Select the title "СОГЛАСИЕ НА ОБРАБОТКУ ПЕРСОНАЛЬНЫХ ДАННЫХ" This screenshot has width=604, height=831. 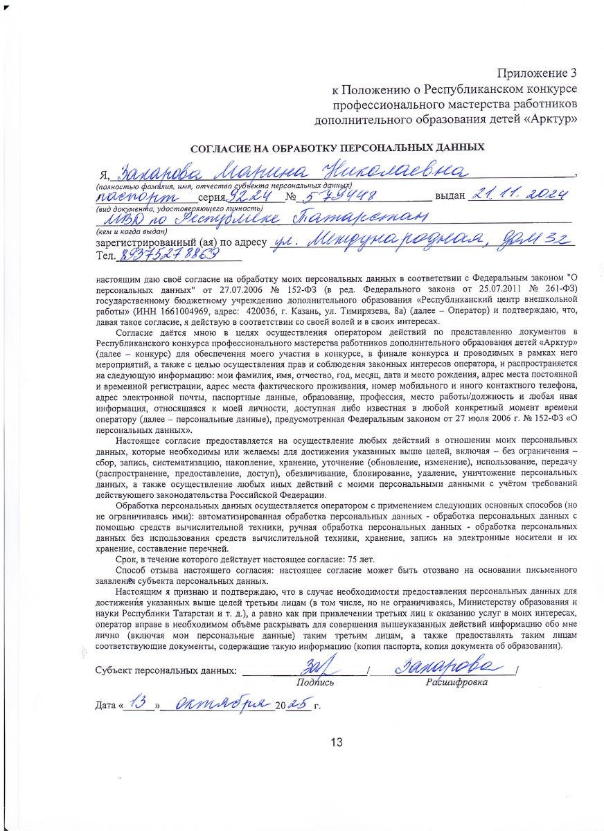[x=337, y=148]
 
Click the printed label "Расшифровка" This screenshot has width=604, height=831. [x=456, y=682]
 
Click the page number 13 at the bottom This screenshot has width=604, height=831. [x=337, y=743]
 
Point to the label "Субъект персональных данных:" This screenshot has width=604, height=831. [x=166, y=671]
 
